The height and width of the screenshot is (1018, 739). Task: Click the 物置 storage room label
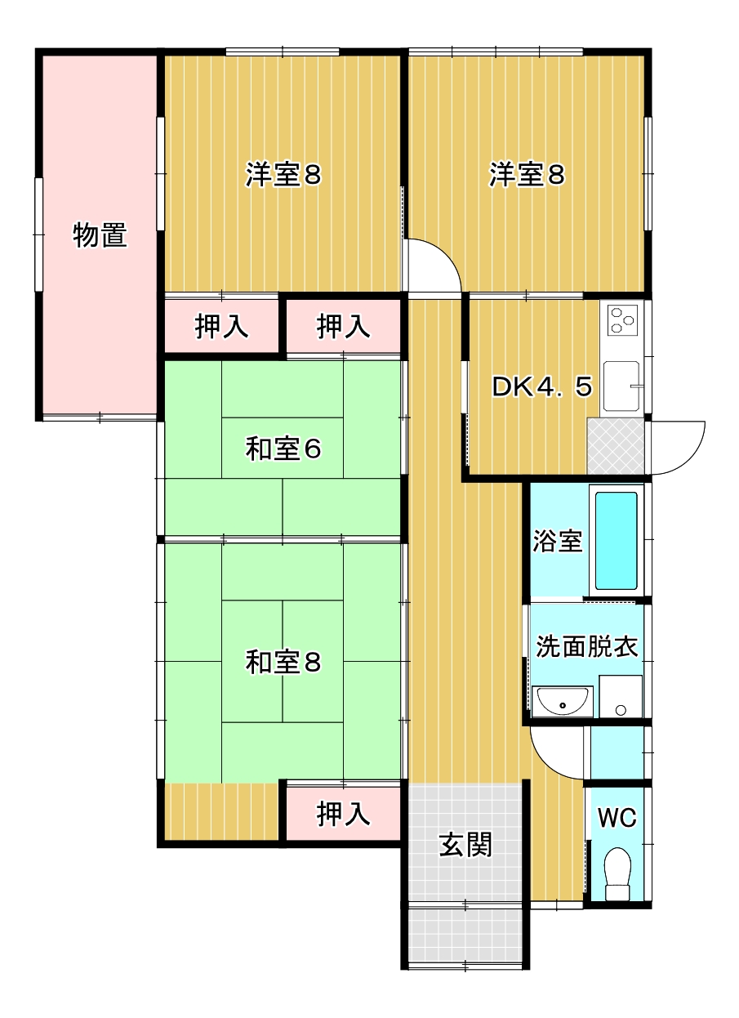100,235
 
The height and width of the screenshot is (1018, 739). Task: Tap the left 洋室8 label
283,175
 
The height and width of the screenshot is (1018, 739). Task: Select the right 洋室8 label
528,175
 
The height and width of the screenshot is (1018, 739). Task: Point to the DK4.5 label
542,387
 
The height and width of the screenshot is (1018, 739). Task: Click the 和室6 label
283,449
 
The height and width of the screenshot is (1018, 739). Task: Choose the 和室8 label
283,662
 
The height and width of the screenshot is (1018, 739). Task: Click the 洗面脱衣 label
586,646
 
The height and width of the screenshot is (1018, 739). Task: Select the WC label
617,818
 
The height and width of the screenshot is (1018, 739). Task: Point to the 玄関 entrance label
465,845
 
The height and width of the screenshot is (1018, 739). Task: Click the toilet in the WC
617,874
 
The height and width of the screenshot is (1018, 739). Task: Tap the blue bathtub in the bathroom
616,540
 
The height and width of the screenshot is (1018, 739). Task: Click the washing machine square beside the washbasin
621,697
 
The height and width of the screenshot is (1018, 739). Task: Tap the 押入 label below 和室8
343,814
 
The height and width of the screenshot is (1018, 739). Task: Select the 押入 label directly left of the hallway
343,327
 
